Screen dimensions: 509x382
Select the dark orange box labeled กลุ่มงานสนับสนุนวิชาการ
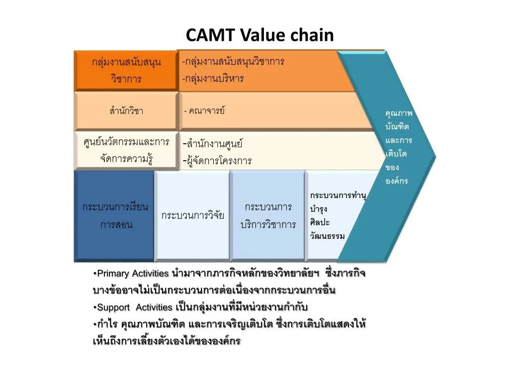[126, 71]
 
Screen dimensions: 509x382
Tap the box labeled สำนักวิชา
[126, 111]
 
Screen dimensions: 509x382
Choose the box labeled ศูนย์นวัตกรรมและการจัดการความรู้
[126, 151]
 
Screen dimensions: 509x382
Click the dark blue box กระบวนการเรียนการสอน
[115, 215]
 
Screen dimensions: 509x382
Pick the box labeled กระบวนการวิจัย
[192, 215]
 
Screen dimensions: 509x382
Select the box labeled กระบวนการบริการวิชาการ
[267, 215]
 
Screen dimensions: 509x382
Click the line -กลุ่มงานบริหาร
[214, 78]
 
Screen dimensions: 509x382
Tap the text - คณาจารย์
[204, 110]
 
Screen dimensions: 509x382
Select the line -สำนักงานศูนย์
[213, 144]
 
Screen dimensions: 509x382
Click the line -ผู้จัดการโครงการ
[217, 161]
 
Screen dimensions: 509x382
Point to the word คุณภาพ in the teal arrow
[399, 113]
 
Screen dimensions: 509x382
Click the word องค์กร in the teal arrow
[397, 181]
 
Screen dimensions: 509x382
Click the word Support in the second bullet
[113, 307]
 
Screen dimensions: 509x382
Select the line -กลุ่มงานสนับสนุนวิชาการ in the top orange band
[233, 62]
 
